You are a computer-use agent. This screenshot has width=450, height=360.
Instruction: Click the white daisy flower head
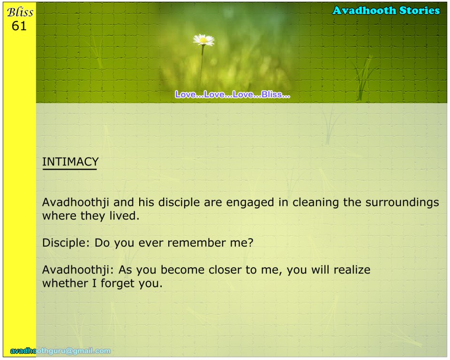(204, 40)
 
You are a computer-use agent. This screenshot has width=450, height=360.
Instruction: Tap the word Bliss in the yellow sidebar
(20, 12)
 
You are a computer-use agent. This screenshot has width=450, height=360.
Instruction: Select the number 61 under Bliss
(19, 26)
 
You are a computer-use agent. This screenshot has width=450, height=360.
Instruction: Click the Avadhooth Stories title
(386, 11)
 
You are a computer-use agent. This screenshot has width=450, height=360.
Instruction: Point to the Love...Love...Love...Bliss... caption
(232, 94)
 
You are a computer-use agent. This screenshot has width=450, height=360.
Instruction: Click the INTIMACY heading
(70, 162)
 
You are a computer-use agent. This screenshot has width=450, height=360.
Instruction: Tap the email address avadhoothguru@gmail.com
(60, 351)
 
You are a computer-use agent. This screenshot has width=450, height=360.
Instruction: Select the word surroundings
(402, 202)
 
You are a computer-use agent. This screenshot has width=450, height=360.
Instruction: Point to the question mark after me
(251, 243)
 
